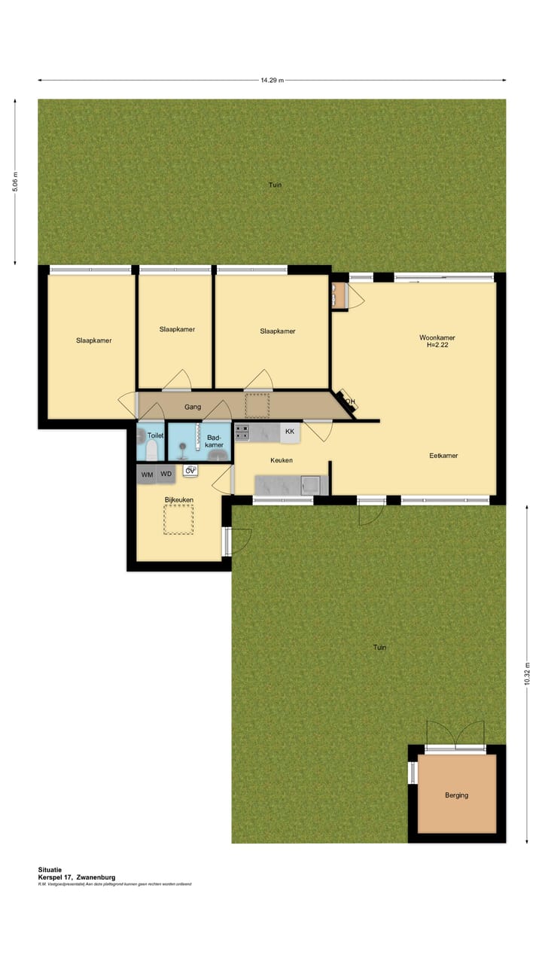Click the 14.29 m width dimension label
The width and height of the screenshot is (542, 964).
click(x=272, y=81)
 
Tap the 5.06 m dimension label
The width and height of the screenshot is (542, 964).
click(x=16, y=182)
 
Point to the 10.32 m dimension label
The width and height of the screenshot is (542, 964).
click(x=527, y=673)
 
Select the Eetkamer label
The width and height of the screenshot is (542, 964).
click(x=443, y=456)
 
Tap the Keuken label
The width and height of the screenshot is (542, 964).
click(x=282, y=460)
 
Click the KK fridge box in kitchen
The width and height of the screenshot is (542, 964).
click(x=290, y=432)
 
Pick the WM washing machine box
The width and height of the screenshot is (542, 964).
click(x=148, y=474)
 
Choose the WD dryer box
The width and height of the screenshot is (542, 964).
click(x=166, y=474)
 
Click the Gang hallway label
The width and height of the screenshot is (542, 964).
click(x=193, y=407)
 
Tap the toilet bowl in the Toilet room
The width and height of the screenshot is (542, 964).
click(x=151, y=450)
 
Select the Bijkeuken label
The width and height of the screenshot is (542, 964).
click(x=179, y=499)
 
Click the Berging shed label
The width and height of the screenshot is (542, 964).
click(x=456, y=795)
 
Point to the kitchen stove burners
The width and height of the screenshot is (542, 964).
click(x=242, y=432)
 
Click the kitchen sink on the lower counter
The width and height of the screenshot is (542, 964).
click(x=308, y=485)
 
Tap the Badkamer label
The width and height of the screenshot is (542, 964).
click(x=214, y=441)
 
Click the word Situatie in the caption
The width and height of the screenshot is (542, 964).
click(x=50, y=869)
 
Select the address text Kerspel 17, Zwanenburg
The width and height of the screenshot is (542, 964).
click(x=77, y=877)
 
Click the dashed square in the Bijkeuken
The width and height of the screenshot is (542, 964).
click(x=179, y=519)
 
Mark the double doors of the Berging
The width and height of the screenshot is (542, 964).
click(x=456, y=734)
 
